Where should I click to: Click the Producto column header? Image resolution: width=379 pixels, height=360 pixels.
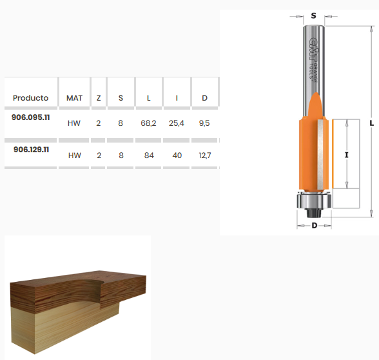click(31, 98)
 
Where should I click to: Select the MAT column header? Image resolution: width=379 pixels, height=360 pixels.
click(74, 98)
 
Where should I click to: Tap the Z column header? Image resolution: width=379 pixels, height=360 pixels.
click(99, 98)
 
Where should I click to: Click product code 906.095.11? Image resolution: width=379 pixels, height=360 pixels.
click(31, 117)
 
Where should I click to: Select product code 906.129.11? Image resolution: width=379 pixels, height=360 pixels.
click(31, 150)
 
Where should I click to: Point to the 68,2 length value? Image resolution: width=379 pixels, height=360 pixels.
click(148, 123)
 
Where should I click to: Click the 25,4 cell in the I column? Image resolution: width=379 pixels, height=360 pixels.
click(177, 123)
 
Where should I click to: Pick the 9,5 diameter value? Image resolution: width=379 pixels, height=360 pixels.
click(204, 123)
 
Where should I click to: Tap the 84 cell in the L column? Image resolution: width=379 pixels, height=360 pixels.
click(149, 155)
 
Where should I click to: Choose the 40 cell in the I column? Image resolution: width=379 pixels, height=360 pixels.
click(177, 155)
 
